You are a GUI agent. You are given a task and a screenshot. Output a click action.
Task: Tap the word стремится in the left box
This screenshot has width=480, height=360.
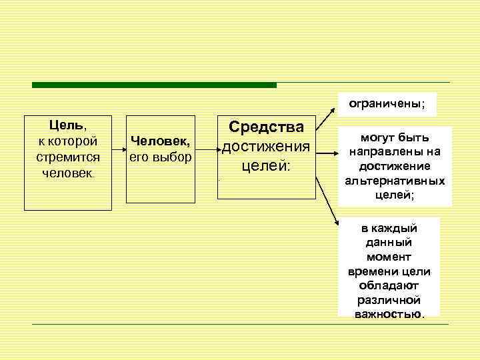68,157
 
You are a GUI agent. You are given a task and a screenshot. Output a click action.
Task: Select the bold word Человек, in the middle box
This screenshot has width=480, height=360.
161,141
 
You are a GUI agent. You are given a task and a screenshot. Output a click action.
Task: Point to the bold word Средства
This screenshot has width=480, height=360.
266,127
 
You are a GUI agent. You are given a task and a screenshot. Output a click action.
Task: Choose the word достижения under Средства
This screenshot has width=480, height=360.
266,146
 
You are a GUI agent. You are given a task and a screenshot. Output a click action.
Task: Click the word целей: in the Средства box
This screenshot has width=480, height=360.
266,165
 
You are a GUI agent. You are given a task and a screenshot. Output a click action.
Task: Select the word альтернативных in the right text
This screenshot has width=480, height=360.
395,181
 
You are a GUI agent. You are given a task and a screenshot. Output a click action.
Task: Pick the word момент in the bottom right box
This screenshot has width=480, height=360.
389,257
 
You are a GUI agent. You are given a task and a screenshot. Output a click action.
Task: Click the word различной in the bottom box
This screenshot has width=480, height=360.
389,300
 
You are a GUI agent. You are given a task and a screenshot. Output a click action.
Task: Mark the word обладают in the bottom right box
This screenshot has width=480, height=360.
389,285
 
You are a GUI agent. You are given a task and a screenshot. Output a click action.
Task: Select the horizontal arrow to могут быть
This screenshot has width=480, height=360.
327,153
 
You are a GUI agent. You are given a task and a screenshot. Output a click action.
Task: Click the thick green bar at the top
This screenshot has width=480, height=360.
153,85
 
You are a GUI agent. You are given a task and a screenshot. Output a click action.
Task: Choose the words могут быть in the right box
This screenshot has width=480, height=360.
395,137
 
